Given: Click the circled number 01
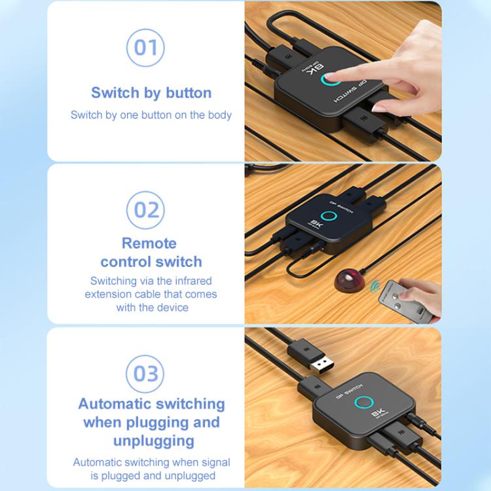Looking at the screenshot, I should click(145, 47).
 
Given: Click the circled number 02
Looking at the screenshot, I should click(145, 209).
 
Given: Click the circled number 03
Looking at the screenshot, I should click(145, 373).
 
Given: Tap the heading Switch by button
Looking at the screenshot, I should click(151, 92).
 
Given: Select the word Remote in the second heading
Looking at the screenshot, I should click(149, 243).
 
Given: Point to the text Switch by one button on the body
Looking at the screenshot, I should click(151, 115).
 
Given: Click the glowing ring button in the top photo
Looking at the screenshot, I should click(327, 81).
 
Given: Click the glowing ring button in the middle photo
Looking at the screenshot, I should click(327, 216).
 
